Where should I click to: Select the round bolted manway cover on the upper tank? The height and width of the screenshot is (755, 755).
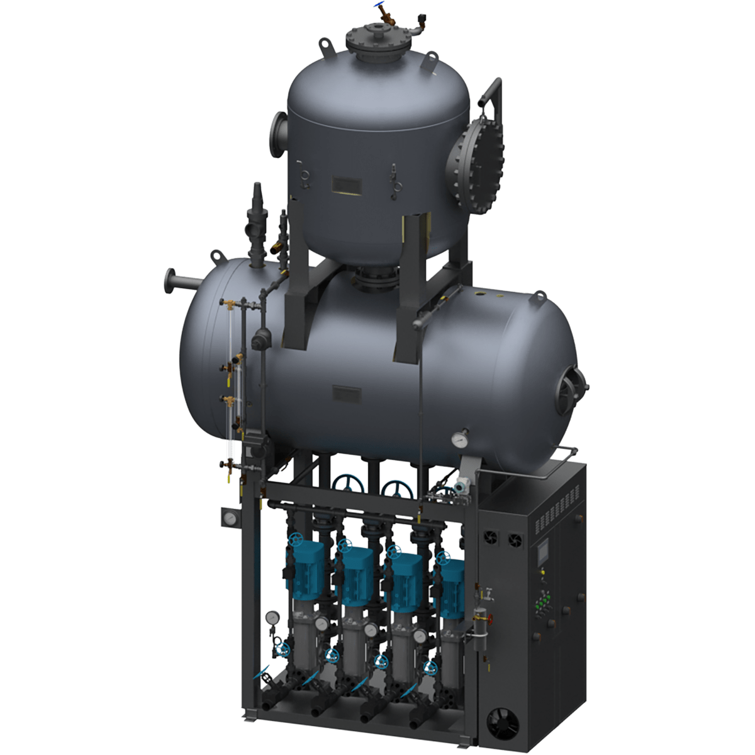[x=471, y=164]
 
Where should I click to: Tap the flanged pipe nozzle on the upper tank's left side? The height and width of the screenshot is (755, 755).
[x=277, y=131]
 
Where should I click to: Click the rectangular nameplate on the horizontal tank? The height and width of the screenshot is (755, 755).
[x=347, y=394]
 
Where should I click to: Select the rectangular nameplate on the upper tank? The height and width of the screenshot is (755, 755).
[x=347, y=184]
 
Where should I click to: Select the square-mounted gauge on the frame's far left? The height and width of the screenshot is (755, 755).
[x=230, y=518]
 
